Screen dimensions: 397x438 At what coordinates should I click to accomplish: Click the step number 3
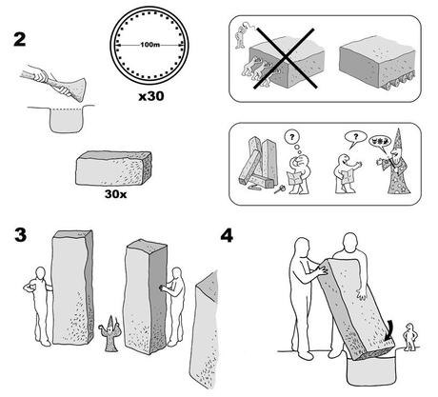(x=19, y=234)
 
